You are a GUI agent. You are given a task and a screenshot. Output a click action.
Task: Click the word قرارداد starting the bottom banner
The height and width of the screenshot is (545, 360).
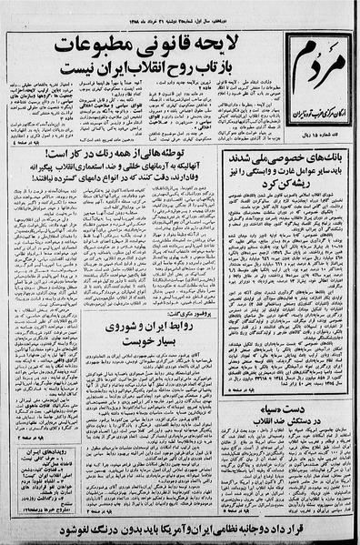(x=305, y=525)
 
